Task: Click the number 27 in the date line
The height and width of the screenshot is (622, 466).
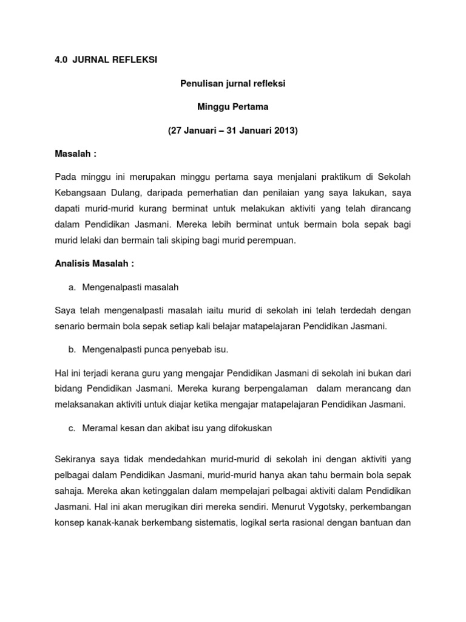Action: click(176, 131)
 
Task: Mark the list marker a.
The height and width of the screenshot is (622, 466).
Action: click(72, 287)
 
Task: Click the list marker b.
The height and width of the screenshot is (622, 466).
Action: click(72, 349)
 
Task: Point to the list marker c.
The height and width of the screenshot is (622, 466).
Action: click(72, 428)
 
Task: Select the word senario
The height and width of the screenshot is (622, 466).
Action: click(71, 326)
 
